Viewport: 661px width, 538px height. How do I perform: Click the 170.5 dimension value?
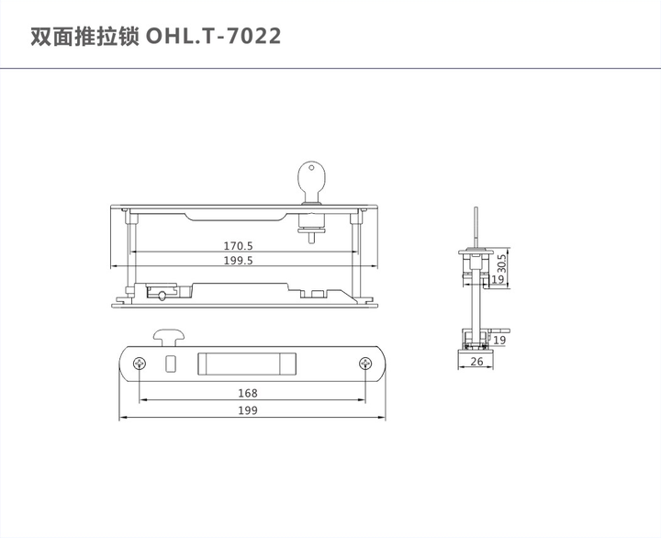point(239,246)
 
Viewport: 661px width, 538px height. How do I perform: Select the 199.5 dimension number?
point(239,261)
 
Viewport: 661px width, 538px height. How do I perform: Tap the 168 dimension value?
point(247,393)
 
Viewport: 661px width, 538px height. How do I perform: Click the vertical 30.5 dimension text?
point(501,264)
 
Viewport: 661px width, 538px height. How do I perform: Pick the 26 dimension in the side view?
point(476,363)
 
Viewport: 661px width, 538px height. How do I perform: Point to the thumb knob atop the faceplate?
point(167,335)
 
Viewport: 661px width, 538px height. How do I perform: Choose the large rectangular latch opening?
point(247,363)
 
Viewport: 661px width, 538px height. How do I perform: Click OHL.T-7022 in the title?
point(214,36)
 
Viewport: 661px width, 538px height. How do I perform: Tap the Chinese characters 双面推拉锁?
point(85,36)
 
